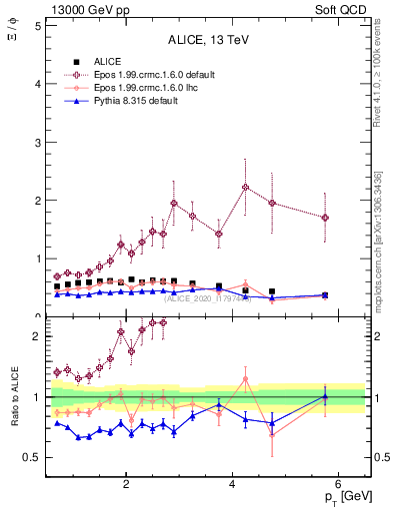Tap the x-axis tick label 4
coord(232,485)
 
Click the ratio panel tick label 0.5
coord(33,458)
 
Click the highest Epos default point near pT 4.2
coord(246,187)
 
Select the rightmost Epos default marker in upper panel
coord(325,218)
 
